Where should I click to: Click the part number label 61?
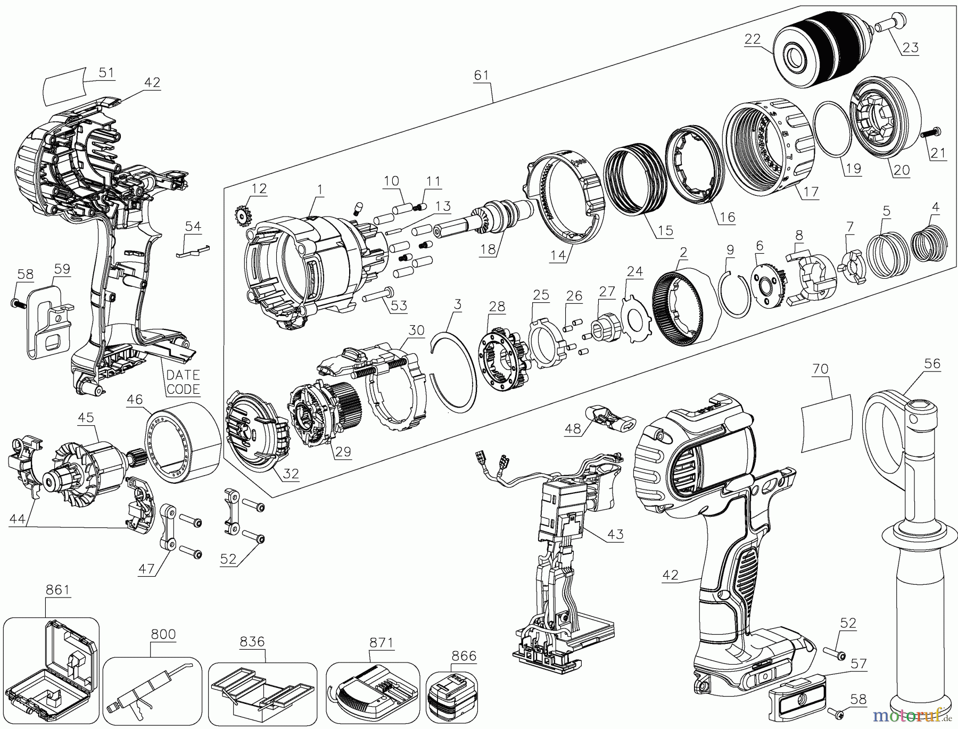point(481,75)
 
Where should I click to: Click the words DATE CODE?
point(183,382)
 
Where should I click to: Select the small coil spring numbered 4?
point(931,243)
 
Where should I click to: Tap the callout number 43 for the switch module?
point(616,534)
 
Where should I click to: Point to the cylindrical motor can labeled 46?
point(184,444)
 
